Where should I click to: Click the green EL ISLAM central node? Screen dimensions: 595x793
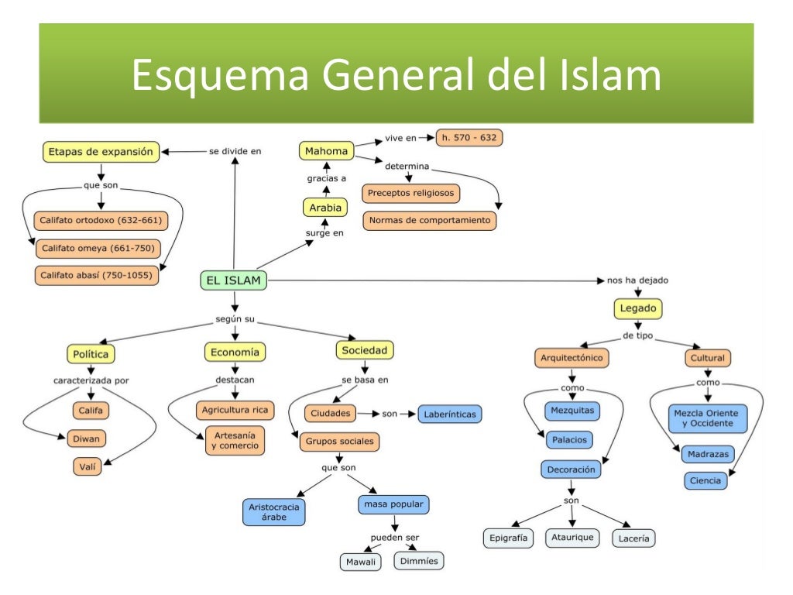coord(233,280)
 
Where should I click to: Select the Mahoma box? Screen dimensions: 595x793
coord(326,150)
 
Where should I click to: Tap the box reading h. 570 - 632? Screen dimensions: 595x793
coord(469,138)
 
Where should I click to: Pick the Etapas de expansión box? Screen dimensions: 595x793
coord(101,152)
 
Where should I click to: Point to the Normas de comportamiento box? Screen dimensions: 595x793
coord(430,220)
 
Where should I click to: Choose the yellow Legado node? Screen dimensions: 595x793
coord(638,308)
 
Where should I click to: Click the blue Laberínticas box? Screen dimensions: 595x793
coord(450,414)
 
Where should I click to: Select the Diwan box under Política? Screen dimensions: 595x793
coord(87,439)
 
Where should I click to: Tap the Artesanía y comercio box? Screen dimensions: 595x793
coord(235,440)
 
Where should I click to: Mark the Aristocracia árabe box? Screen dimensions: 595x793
coord(273,511)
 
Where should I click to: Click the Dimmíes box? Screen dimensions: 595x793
coord(420,560)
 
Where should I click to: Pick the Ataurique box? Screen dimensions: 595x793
coord(572,537)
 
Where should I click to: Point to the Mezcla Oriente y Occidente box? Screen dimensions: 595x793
coord(708,419)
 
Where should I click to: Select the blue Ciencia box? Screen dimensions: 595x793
coord(706,480)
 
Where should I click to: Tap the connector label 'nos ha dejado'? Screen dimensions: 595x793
coord(637,280)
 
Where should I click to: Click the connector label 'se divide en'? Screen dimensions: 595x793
coord(235,151)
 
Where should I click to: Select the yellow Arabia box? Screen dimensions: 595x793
coord(324,208)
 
